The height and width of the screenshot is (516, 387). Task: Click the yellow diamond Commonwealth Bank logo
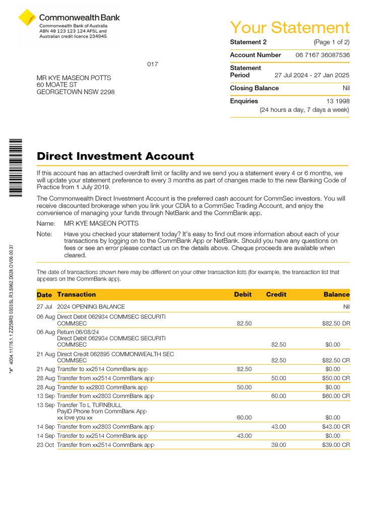(27, 18)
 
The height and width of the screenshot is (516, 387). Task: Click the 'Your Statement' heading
(289, 27)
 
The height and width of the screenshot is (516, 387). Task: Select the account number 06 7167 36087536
(322, 55)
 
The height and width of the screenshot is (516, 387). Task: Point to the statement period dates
(311, 75)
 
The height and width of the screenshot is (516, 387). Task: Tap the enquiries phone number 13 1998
(338, 101)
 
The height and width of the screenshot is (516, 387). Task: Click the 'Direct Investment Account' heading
(115, 156)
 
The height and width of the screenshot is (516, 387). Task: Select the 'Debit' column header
(242, 294)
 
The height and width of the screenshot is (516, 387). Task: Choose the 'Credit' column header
(276, 294)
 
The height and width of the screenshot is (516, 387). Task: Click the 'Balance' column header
(336, 294)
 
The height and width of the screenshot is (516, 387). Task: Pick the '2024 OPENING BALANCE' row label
(91, 306)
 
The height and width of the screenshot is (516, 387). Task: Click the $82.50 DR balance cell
(336, 324)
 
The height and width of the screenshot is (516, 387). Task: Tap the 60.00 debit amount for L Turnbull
(244, 417)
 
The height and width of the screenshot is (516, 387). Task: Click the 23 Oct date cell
(45, 445)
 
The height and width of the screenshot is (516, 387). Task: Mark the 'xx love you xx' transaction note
(75, 417)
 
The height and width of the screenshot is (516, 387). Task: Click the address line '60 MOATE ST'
(56, 85)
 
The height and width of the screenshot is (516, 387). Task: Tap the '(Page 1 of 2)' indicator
(331, 42)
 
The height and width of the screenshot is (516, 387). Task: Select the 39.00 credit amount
(278, 445)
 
